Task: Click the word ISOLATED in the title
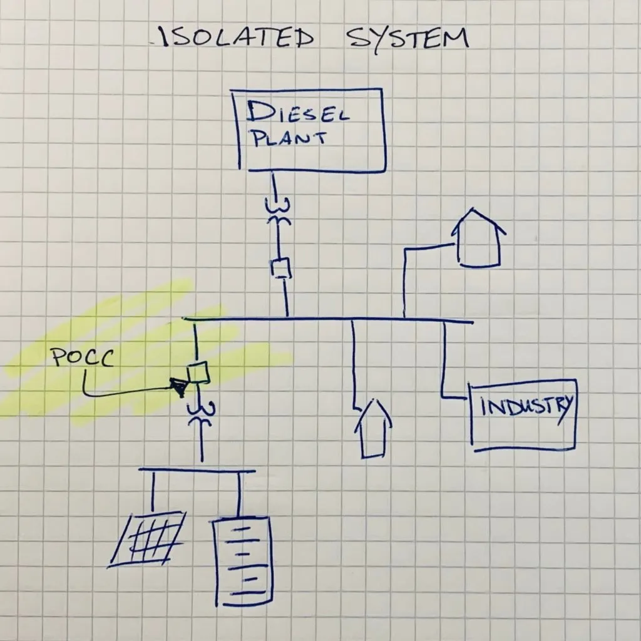click(238, 38)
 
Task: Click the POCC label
click(83, 357)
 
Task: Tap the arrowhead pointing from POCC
click(178, 387)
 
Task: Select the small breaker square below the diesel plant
click(281, 268)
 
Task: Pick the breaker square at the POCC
click(198, 372)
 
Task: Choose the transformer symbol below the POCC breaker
click(201, 414)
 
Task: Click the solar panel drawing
click(147, 539)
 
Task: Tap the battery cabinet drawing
click(243, 561)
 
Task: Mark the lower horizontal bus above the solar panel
click(197, 470)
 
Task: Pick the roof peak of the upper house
click(473, 208)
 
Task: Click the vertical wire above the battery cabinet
click(240, 494)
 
